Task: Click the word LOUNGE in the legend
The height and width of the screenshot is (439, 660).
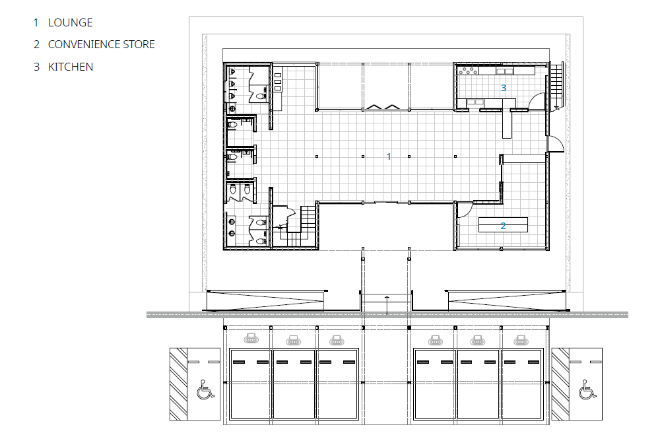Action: coord(71,22)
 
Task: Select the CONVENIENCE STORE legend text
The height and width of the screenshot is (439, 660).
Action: coord(102,45)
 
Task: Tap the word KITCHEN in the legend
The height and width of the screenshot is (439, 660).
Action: coord(71,67)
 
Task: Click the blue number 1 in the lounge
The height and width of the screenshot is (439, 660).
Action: coord(389,156)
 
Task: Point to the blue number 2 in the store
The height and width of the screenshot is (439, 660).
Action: coord(503,226)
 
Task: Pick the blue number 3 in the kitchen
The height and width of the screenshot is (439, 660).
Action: coord(504,88)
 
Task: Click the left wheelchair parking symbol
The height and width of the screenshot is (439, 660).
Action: coord(205,389)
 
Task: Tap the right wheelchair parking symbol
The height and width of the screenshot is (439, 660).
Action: coord(587,389)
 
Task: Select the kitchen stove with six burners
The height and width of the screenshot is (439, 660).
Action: coord(468,70)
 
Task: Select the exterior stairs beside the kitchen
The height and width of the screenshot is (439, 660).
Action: coord(556,85)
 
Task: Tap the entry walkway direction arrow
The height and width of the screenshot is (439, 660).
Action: coord(387,305)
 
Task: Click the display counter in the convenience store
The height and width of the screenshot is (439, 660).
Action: coord(503,224)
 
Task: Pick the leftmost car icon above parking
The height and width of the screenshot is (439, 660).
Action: coord(251,338)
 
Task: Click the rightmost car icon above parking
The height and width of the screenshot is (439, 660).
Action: coord(521,340)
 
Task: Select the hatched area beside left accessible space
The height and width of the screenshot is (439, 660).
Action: coord(178,384)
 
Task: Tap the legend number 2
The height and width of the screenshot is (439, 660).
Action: coord(36,45)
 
